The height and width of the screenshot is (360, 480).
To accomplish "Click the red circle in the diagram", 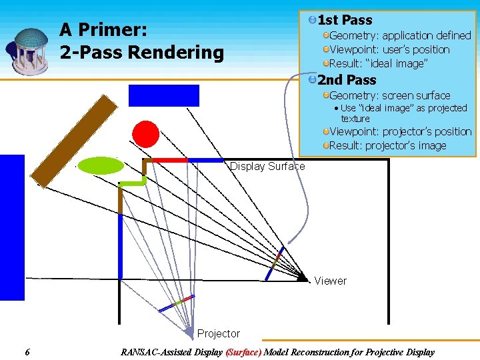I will coord(145,134).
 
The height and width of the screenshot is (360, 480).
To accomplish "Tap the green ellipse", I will coord(101,165).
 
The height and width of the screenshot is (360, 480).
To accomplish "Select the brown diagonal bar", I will coord(75,141).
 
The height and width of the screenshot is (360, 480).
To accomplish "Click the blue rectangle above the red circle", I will coord(164,95).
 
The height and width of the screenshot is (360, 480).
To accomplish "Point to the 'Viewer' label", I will coord(330,281).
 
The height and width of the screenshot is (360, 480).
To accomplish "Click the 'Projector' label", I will coord(218,333).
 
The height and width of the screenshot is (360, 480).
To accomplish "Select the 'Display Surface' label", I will coord(267,167).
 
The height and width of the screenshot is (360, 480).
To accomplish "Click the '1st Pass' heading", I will coord(345,20).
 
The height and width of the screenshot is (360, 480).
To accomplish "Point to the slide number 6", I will coord(26,352).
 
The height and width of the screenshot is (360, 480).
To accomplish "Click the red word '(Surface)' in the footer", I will coord(243,352).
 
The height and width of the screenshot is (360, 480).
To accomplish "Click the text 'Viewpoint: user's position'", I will coord(389,49).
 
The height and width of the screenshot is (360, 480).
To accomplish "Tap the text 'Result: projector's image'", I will coord(387,145).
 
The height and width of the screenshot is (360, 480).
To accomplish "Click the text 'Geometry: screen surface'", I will coord(389,95).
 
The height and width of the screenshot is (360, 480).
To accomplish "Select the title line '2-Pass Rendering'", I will coord(141,52).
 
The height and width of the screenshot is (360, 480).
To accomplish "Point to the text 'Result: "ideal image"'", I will coord(378,63).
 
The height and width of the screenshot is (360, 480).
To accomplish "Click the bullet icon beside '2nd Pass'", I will coord(312,80).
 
